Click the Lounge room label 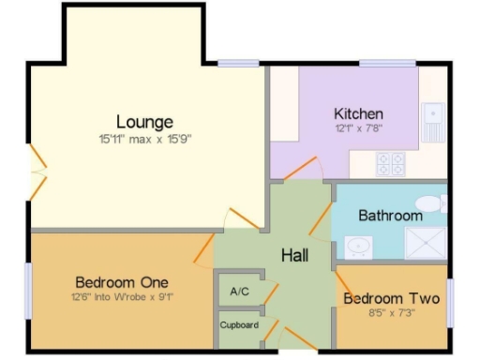[144, 122]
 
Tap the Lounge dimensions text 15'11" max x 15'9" [145, 139]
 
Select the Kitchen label [359, 113]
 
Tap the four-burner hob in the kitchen [390, 164]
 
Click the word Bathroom [390, 216]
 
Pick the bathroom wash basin [356, 247]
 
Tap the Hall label [294, 255]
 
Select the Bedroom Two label [391, 300]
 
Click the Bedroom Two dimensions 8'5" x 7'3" [391, 315]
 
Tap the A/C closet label [239, 292]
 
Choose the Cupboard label [238, 325]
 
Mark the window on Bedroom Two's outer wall [450, 302]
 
